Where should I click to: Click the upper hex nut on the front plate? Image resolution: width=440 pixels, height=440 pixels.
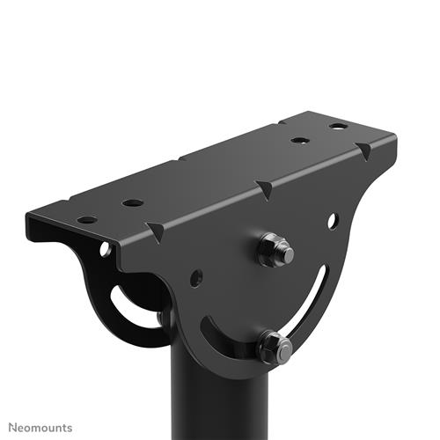[275, 250]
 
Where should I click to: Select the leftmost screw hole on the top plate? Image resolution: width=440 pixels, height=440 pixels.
[87, 219]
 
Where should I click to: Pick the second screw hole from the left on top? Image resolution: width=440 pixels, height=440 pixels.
[133, 202]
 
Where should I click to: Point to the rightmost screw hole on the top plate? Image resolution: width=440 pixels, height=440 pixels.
[338, 126]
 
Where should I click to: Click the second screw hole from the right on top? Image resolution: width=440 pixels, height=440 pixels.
[299, 140]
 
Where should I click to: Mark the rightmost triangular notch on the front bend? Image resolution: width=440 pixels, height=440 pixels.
[363, 151]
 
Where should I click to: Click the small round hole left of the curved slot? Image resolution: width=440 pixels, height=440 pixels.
[195, 277]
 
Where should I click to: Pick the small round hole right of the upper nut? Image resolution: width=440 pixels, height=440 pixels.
[334, 220]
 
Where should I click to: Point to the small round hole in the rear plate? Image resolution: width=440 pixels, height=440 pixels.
[105, 250]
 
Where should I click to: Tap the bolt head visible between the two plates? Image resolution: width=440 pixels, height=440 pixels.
[162, 318]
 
